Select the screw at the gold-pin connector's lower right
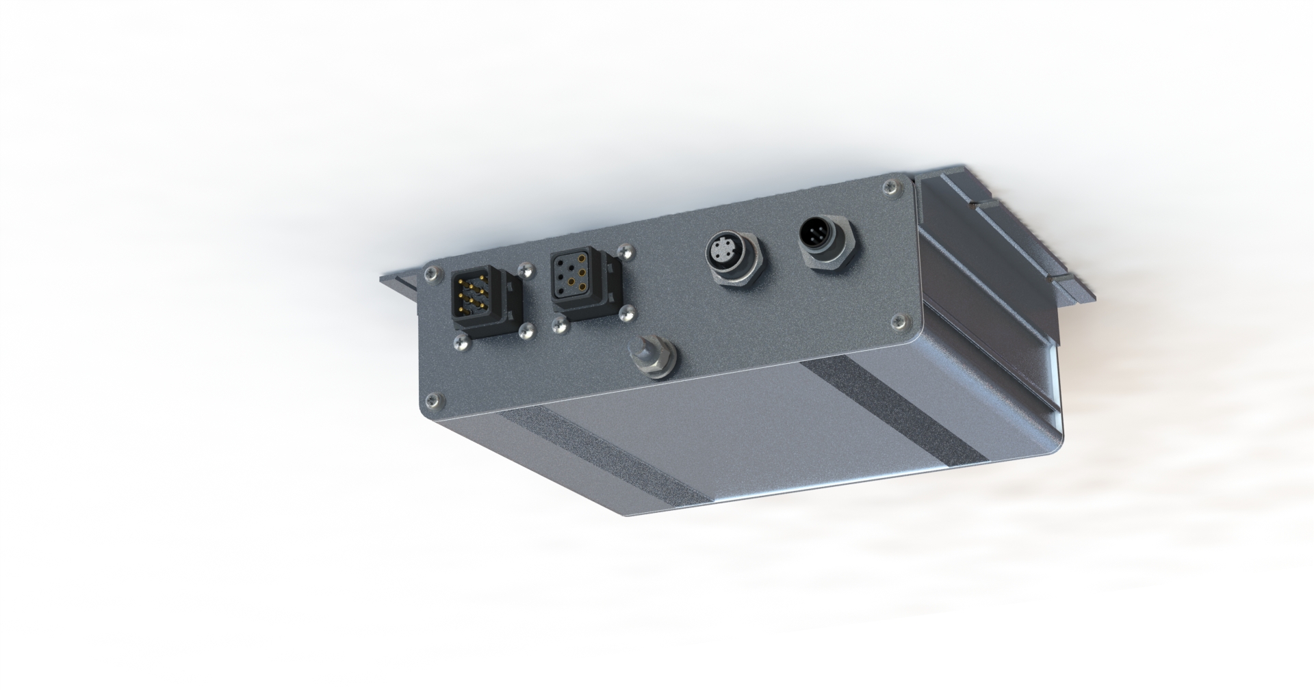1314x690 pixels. pyautogui.click(x=526, y=332)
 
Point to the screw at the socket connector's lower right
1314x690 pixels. pyautogui.click(x=626, y=313)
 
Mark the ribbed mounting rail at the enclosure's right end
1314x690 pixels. pyautogui.click(x=999, y=260)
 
